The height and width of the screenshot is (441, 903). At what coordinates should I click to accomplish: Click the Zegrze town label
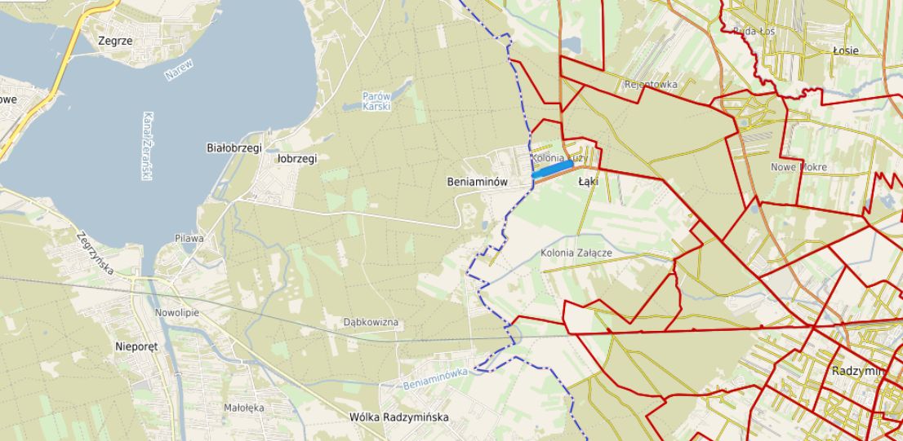(x=114, y=39)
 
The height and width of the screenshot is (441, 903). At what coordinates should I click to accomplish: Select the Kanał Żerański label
(x=148, y=146)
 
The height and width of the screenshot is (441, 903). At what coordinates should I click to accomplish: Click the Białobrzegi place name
(x=234, y=148)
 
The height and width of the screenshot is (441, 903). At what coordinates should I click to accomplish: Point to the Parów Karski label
(x=377, y=100)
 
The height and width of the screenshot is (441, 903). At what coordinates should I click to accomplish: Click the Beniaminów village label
(x=478, y=181)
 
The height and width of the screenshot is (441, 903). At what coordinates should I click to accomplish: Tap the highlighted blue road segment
(x=552, y=169)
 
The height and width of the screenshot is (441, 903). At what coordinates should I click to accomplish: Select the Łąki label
(x=588, y=181)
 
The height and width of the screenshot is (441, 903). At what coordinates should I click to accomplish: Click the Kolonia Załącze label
(x=576, y=254)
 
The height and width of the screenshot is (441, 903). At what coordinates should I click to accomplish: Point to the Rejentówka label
(x=651, y=84)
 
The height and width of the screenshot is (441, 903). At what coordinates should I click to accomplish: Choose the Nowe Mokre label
(x=798, y=167)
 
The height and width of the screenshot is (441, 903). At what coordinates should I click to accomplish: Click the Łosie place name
(x=845, y=51)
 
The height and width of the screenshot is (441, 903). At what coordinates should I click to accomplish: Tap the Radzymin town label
(x=857, y=370)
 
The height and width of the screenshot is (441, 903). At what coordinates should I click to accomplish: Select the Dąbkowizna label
(x=371, y=323)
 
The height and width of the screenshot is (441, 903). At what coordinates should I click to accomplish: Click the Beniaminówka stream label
(x=435, y=377)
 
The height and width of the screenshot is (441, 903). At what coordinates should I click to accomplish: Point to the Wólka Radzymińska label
(x=399, y=417)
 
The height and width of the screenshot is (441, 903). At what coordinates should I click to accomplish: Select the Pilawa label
(x=189, y=239)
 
